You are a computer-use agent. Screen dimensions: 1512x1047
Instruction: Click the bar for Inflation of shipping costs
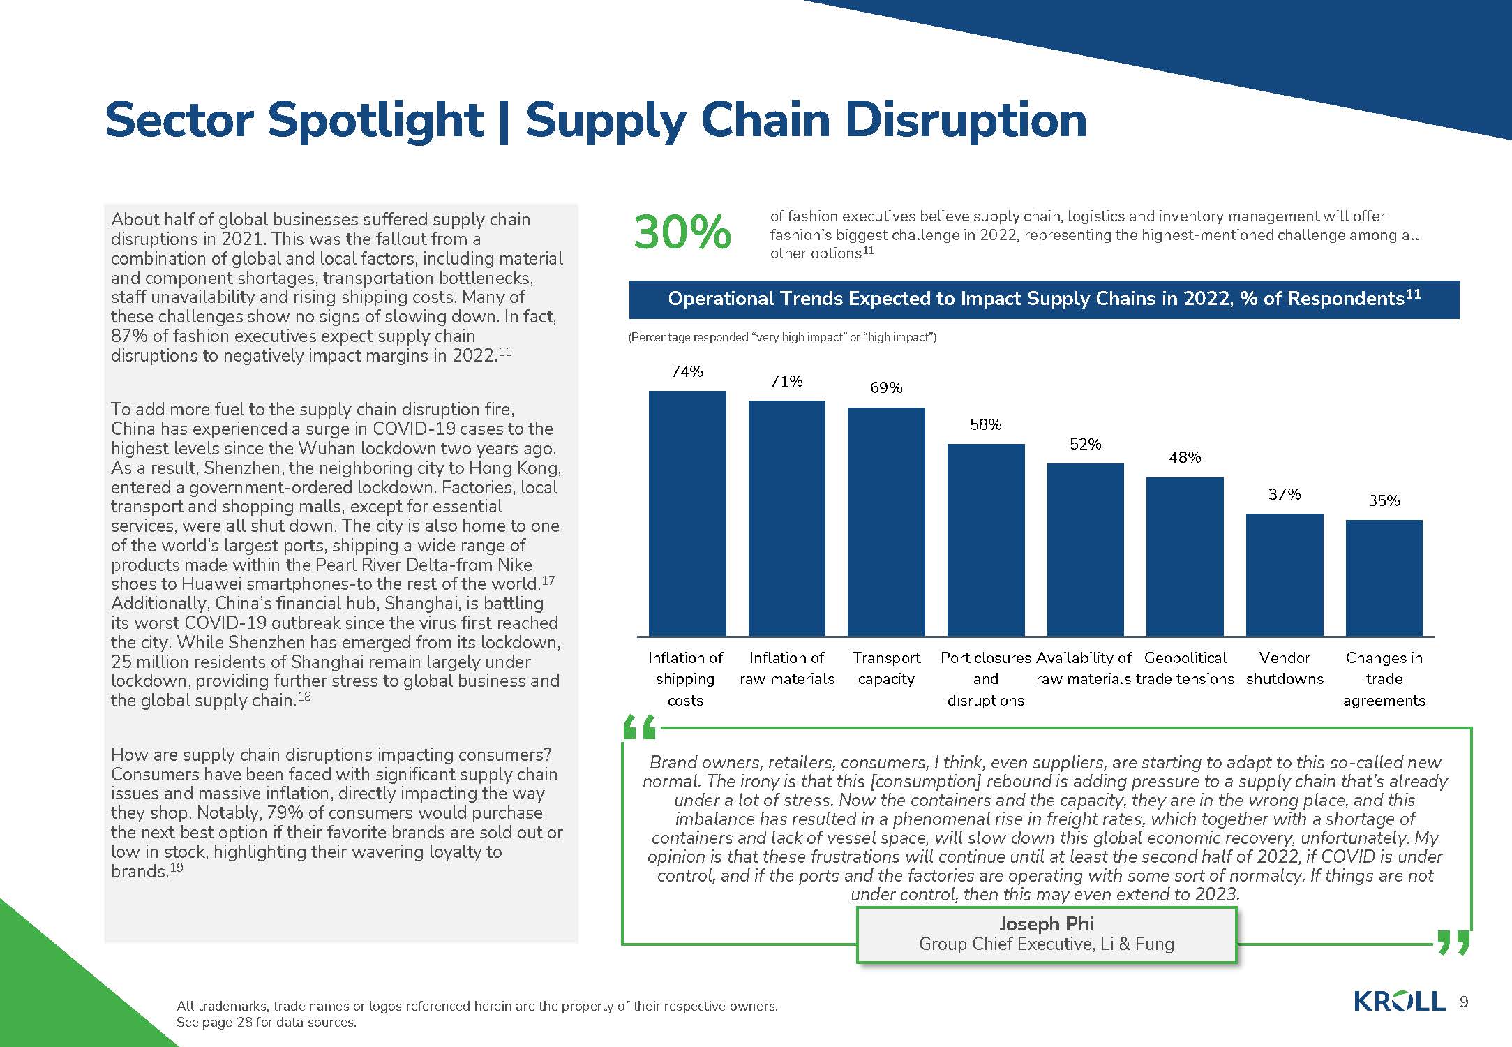pyautogui.click(x=687, y=514)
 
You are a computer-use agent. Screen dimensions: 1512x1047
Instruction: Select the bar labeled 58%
pyautogui.click(x=986, y=540)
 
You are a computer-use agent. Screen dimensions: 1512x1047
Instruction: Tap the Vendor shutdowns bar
pyautogui.click(x=1285, y=575)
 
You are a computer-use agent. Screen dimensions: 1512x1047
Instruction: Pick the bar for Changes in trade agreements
pyautogui.click(x=1384, y=578)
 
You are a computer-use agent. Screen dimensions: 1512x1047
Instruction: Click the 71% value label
pyautogui.click(x=786, y=381)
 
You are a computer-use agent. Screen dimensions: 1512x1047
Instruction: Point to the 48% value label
pyautogui.click(x=1185, y=457)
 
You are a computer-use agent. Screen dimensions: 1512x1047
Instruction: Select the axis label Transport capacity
pyautogui.click(x=886, y=668)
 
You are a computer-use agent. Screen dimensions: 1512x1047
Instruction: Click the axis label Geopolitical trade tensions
pyautogui.click(x=1185, y=668)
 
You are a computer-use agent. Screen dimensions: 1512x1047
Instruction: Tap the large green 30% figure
pyautogui.click(x=682, y=232)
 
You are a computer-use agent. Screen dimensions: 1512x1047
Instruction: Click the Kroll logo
pyautogui.click(x=1399, y=1002)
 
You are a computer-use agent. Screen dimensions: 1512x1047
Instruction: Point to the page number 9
pyautogui.click(x=1464, y=1002)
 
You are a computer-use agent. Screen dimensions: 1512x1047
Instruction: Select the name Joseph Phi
pyautogui.click(x=1046, y=923)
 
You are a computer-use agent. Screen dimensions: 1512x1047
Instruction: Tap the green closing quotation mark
pyautogui.click(x=1453, y=942)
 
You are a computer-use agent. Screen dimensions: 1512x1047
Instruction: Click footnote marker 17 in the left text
pyautogui.click(x=548, y=579)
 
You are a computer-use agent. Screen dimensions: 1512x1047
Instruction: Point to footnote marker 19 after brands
pyautogui.click(x=177, y=867)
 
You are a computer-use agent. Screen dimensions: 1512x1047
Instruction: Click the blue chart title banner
pyautogui.click(x=1044, y=299)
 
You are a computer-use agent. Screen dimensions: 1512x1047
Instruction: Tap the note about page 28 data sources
pyautogui.click(x=267, y=1023)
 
